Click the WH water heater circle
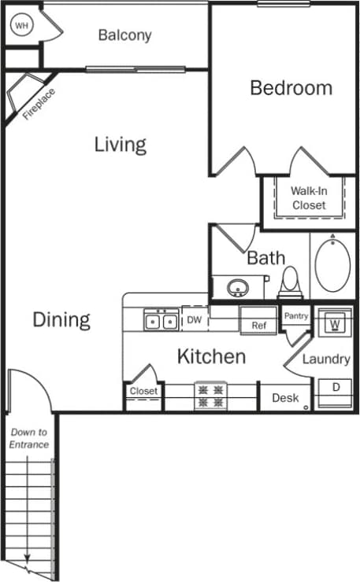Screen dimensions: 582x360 click(x=20, y=25)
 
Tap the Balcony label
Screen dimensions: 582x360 click(x=124, y=35)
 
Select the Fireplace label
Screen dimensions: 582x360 click(x=36, y=103)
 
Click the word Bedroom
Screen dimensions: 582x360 click(x=291, y=87)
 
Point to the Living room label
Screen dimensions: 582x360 click(x=121, y=145)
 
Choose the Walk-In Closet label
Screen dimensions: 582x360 click(x=308, y=197)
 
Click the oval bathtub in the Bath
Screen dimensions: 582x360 click(x=332, y=264)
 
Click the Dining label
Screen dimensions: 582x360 click(x=61, y=320)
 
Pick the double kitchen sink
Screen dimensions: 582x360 click(x=160, y=320)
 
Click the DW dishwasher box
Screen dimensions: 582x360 click(x=194, y=319)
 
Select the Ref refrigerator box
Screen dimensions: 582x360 click(x=258, y=325)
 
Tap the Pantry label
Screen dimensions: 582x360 click(x=296, y=316)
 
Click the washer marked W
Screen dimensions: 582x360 click(x=334, y=324)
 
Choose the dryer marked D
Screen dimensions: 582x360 click(x=334, y=388)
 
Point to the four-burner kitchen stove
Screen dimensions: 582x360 click(x=211, y=396)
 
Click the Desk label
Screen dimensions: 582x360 click(x=285, y=398)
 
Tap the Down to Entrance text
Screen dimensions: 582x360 click(x=29, y=439)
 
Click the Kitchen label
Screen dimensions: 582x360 click(x=211, y=356)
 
